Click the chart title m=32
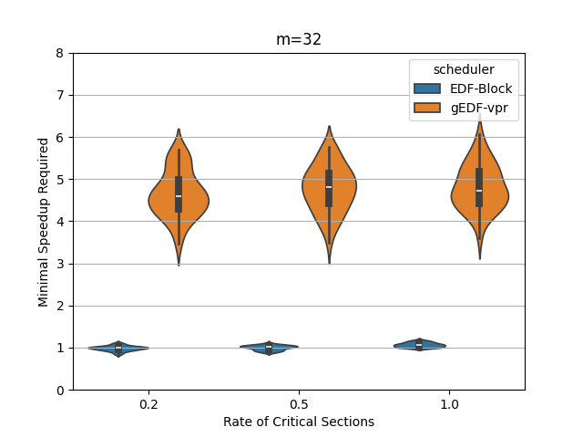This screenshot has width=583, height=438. [x=299, y=39]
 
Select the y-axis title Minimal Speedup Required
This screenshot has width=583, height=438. [x=44, y=222]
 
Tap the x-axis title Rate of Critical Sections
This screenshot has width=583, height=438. [x=299, y=422]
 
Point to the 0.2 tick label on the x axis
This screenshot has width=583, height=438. [x=148, y=403]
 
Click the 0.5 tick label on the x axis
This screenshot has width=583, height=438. [x=299, y=403]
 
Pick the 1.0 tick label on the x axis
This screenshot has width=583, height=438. [x=449, y=403]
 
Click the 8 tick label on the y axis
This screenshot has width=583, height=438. [x=60, y=53]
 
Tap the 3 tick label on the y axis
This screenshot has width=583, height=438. [x=60, y=264]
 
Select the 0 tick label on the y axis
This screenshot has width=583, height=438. [x=60, y=390]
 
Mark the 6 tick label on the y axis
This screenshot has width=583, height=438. [x=60, y=138]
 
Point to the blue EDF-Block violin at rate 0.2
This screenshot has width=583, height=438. [x=118, y=348]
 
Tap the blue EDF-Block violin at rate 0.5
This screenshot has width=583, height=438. [x=269, y=347]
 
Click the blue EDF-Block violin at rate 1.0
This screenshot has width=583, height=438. [x=419, y=345]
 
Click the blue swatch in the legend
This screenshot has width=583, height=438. [x=427, y=89]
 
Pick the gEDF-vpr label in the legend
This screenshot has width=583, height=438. [x=483, y=107]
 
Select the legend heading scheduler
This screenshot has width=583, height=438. [x=464, y=69]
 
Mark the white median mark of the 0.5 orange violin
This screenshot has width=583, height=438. [x=329, y=187]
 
